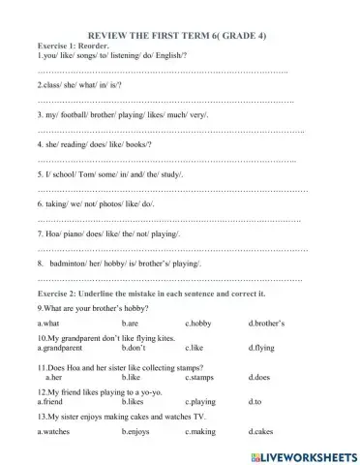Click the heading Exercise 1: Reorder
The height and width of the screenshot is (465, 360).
(73, 46)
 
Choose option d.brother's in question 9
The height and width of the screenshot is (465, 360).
(268, 323)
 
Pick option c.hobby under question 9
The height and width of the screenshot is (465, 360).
(197, 323)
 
